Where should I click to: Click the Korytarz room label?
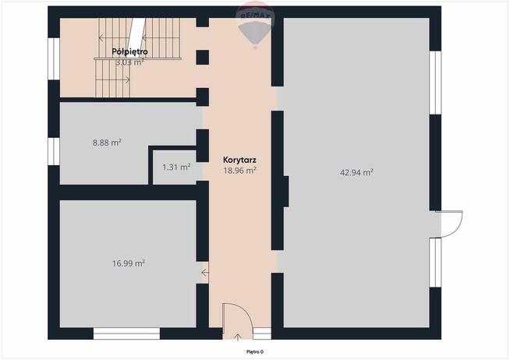pos(239,160)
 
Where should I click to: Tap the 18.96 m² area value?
pos(239,170)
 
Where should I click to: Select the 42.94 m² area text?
pos(356,172)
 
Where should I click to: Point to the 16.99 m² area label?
pos(129,263)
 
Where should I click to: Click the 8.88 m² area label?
pos(107,143)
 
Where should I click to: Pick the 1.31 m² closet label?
pos(176,167)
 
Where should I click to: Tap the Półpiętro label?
pos(129,51)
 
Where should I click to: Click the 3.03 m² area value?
pos(129,62)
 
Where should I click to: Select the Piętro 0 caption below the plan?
pos(255,351)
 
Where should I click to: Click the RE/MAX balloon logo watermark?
pos(255,24)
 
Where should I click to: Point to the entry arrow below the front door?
pos(238,337)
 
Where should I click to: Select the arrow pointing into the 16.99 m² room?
pos(204,273)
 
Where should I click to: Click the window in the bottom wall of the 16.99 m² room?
pos(126,334)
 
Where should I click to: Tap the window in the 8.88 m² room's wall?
pos(54,151)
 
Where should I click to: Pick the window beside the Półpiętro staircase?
pos(54,58)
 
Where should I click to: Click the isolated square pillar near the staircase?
pos(202,58)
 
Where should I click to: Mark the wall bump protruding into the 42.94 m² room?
pos(286,192)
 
